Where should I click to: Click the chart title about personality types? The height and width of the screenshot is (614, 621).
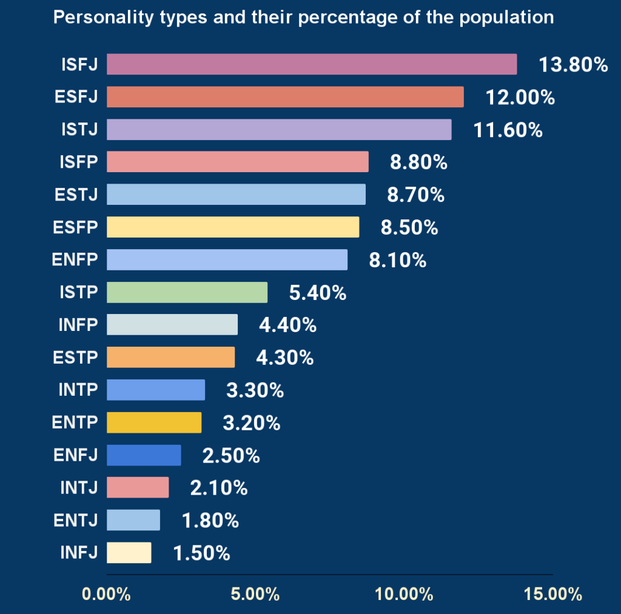pos(303,17)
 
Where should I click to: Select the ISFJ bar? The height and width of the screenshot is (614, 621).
pos(312,64)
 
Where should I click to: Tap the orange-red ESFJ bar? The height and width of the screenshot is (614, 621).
pos(285,97)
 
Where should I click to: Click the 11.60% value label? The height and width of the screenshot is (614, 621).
pos(508,130)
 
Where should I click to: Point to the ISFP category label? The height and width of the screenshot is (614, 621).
pos(78,162)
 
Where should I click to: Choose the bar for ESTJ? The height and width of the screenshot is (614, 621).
pos(236,195)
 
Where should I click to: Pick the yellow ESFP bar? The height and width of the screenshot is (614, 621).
pos(233,227)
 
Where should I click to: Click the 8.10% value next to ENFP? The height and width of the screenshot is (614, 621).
pos(397,260)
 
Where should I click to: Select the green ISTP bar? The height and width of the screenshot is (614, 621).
pos(187,292)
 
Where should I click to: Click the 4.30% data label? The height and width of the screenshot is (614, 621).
pos(284,358)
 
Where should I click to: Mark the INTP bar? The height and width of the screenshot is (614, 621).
pos(156,390)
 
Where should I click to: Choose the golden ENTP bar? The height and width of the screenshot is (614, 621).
pos(154,422)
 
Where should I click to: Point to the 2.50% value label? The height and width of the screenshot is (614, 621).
pos(231,455)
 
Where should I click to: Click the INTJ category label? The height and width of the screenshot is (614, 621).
pos(79,487)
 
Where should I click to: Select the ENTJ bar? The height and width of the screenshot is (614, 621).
pos(133,520)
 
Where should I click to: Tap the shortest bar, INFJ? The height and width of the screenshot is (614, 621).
pos(129,553)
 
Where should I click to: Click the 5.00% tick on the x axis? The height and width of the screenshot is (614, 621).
pos(255,594)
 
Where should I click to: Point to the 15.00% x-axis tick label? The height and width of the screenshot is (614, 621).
pos(552,594)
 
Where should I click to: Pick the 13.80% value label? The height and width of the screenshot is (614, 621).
pos(573,64)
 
